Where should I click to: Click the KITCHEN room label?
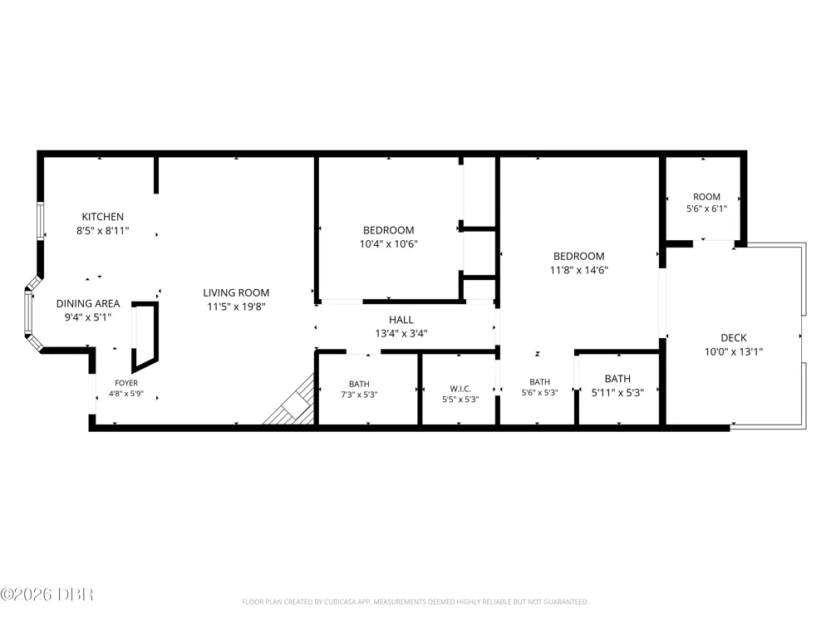click(x=103, y=217)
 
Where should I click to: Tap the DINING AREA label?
click(x=88, y=303)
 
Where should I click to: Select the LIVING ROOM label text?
click(x=236, y=292)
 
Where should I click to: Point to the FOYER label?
click(x=126, y=383)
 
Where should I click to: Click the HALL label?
click(x=401, y=320)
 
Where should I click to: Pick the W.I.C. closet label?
click(x=460, y=389)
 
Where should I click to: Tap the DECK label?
click(x=734, y=338)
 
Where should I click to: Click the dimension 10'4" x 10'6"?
click(x=388, y=244)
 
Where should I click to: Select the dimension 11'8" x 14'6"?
click(x=578, y=270)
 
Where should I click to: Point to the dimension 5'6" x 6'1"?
click(x=706, y=208)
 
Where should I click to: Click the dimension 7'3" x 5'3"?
click(x=359, y=395)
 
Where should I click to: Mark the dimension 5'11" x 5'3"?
click(x=617, y=393)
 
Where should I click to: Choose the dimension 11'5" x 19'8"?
click(x=236, y=307)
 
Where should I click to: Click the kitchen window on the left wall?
click(x=40, y=221)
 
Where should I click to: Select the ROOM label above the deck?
click(x=706, y=197)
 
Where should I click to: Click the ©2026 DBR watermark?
click(x=47, y=595)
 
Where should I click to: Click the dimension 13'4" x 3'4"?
click(x=401, y=334)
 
